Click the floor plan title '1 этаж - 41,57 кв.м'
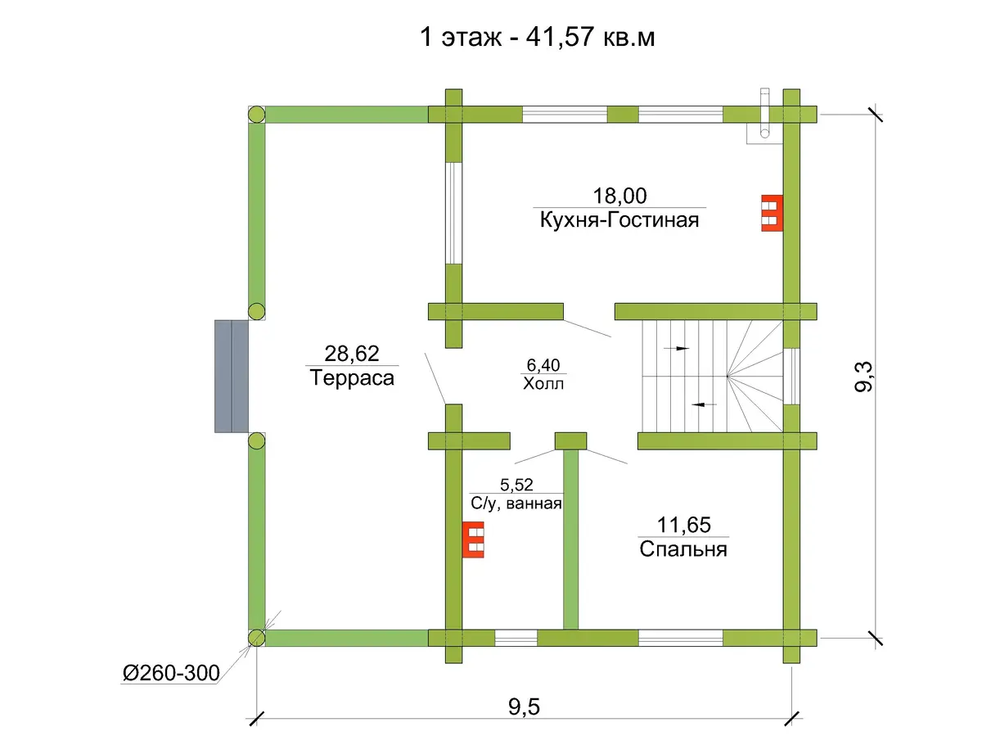pos(538,38)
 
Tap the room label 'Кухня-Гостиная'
pos(619,219)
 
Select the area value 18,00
pos(619,196)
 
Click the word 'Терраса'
pos(352,377)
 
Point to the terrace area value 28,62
pos(352,354)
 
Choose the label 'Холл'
pos(543,383)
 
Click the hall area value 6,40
pos(543,365)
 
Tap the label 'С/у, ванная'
pos(516,503)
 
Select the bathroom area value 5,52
pos(516,485)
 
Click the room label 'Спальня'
pos(683,549)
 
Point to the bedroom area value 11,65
pos(683,525)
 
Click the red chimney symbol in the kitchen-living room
pos(772,213)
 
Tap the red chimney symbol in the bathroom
pos(473,540)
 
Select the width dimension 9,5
pos(524,707)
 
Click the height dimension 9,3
pos(863,377)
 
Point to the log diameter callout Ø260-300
pos(171,673)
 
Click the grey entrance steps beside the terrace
pos(232,377)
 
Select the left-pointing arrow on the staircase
pos(705,404)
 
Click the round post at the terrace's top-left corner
pos(256,115)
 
